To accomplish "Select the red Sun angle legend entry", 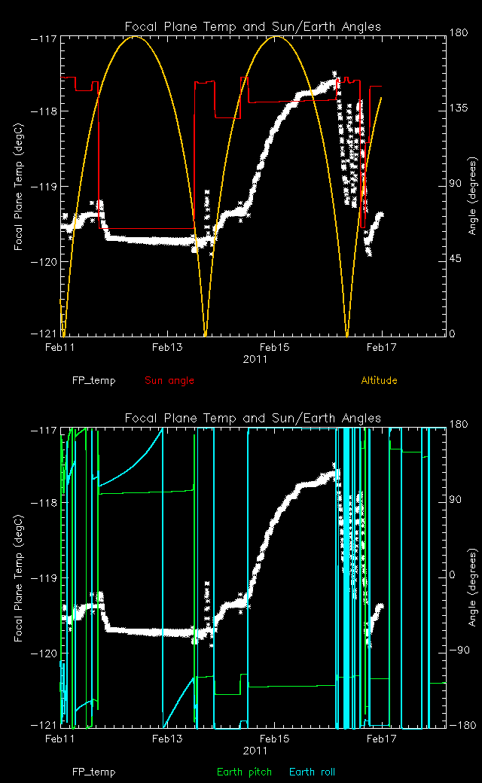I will click(x=169, y=380).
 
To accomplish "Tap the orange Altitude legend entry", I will click(x=379, y=380).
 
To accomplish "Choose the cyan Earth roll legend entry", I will click(x=312, y=772).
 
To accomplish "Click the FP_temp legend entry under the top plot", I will click(x=94, y=380).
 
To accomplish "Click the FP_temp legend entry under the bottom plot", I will click(x=94, y=772).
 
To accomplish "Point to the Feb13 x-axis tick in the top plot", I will click(x=167, y=347).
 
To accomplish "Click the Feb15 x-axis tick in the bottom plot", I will click(x=274, y=739).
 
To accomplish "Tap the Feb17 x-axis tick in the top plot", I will click(x=381, y=347).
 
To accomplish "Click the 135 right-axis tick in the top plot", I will click(x=457, y=110).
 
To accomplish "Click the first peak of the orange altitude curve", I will click(x=136, y=36).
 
